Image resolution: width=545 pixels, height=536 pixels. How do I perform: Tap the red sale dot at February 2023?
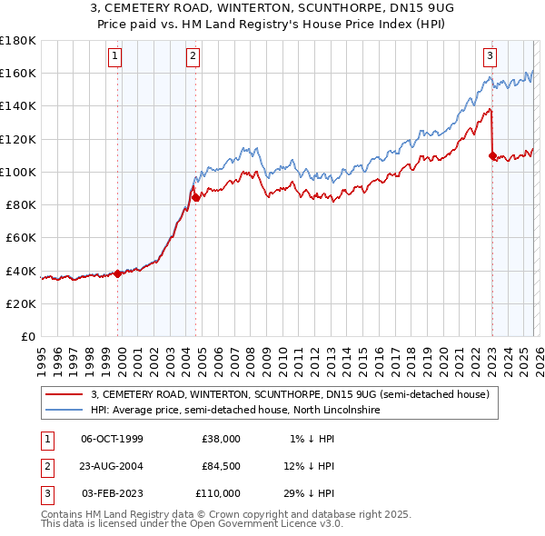pyautogui.click(x=492, y=155)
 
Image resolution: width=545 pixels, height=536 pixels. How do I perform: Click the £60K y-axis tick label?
pyautogui.click(x=21, y=237)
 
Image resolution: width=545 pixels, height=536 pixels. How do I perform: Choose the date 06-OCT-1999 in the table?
pyautogui.click(x=112, y=439)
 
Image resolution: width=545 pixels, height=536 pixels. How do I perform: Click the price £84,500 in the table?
pyautogui.click(x=221, y=466)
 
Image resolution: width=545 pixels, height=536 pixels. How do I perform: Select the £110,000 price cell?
pyautogui.click(x=218, y=493)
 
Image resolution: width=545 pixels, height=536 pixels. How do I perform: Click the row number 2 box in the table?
pyautogui.click(x=45, y=466)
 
